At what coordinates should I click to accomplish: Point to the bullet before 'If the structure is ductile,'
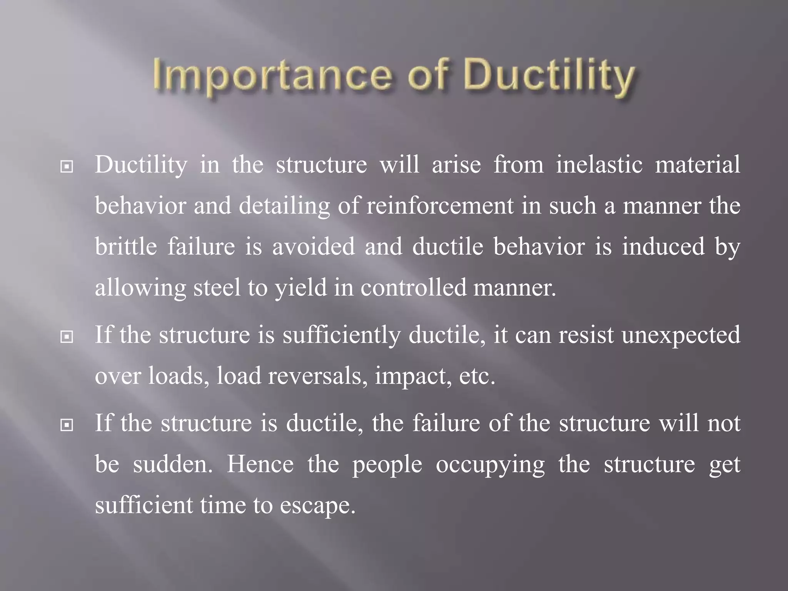[67, 425]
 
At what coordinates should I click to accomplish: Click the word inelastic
[599, 165]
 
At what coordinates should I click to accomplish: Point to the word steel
[217, 287]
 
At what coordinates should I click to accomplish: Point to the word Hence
[260, 464]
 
